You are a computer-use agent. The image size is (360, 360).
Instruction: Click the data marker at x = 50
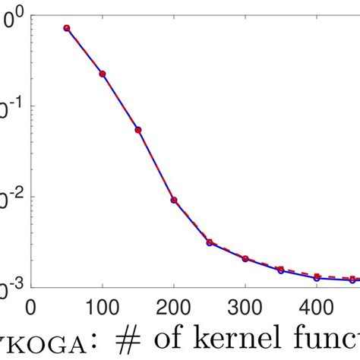pyautogui.click(x=67, y=28)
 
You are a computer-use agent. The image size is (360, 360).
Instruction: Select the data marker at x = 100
pyautogui.click(x=103, y=74)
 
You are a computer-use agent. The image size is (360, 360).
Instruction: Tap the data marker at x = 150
pyautogui.click(x=138, y=130)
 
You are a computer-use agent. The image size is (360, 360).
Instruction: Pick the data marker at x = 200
pyautogui.click(x=174, y=200)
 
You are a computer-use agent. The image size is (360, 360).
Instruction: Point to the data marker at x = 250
pyautogui.click(x=210, y=242)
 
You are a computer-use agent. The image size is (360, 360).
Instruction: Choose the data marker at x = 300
pyautogui.click(x=245, y=259)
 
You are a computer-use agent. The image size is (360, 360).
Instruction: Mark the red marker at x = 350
pyautogui.click(x=281, y=269)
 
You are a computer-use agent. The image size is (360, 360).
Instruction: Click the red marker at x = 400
pyautogui.click(x=317, y=276)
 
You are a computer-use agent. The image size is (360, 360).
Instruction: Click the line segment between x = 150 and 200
pyautogui.click(x=156, y=165)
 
